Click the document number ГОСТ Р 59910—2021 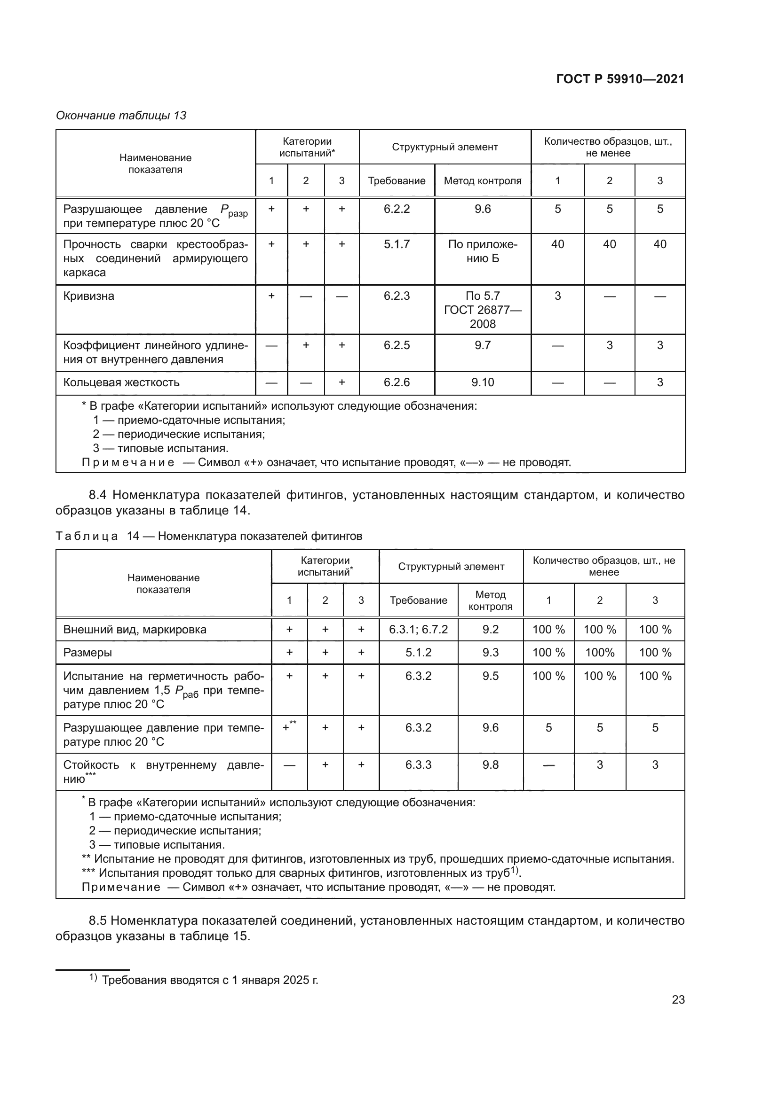[x=620, y=79]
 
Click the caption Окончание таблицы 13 [x=121, y=116]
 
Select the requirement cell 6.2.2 [x=397, y=209]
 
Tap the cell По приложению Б [x=483, y=251]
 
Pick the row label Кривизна [x=89, y=296]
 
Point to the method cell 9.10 [x=483, y=382]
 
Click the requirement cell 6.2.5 [x=397, y=345]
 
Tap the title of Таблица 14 [x=209, y=536]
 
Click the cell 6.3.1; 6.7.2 [x=418, y=630]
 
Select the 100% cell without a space [x=599, y=653]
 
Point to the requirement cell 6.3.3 [x=418, y=765]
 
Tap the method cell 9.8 [x=490, y=765]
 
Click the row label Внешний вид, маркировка [x=135, y=630]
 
